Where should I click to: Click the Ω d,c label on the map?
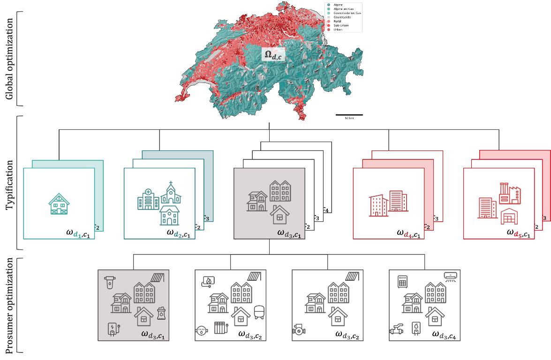[273, 56]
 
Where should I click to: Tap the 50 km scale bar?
[349, 114]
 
